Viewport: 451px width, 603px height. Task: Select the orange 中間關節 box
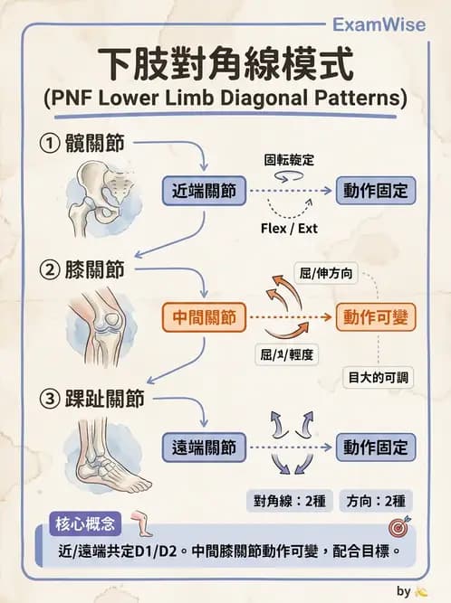point(205,317)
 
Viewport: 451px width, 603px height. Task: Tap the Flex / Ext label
point(288,229)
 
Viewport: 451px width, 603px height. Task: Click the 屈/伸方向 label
point(325,270)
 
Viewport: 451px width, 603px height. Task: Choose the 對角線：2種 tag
point(289,501)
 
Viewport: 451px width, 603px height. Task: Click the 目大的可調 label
point(378,376)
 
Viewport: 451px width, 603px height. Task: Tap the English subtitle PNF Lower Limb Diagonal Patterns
point(225,98)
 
